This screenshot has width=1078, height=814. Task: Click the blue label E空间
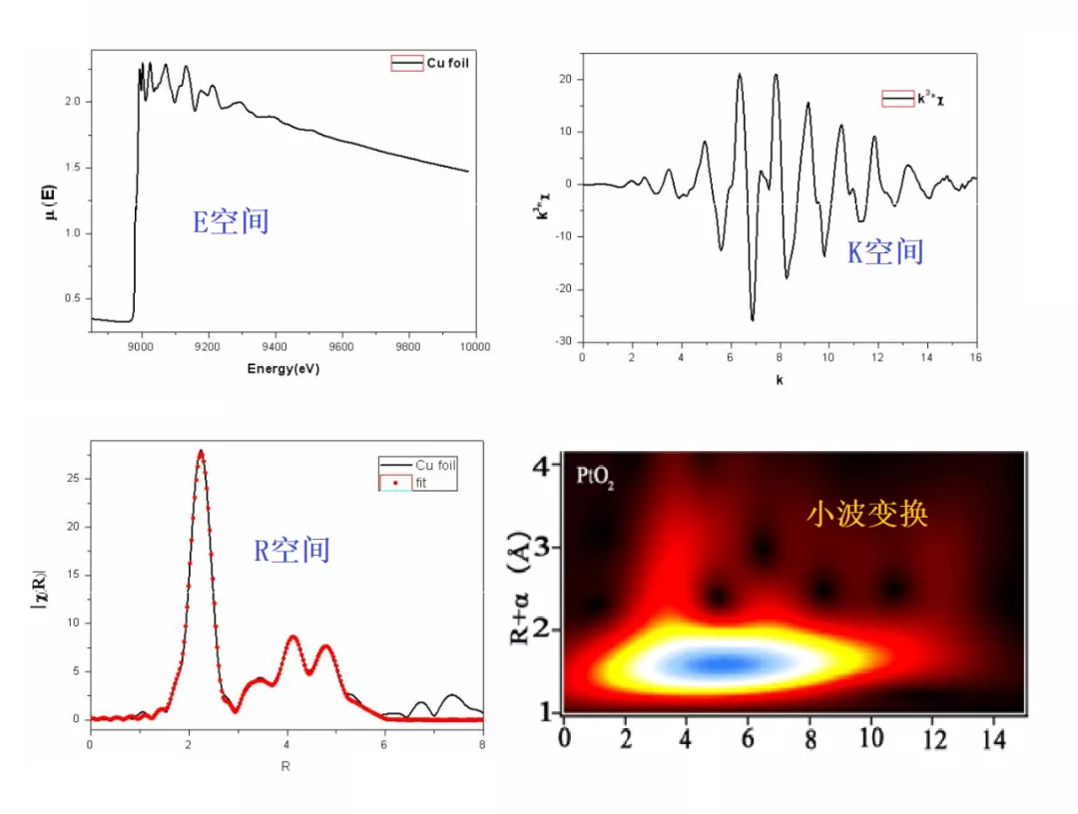point(231,221)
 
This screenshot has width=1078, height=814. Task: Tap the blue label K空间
point(885,251)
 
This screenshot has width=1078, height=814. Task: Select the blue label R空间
point(291,550)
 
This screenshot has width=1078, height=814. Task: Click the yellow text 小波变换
point(867,514)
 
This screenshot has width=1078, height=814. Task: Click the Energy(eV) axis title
point(282,368)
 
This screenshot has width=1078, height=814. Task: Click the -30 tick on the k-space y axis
point(564,341)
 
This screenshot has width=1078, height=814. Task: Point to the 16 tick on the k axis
point(975,357)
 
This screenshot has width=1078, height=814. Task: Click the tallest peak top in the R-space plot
point(201,452)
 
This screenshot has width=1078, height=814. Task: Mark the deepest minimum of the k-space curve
point(753,320)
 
